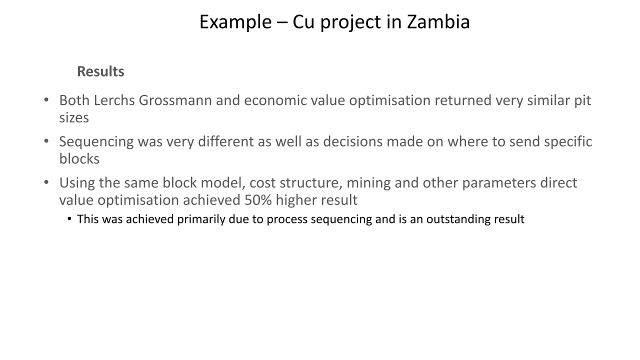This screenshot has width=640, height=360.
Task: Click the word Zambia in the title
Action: coord(438,22)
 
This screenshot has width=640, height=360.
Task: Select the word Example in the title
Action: coord(235,22)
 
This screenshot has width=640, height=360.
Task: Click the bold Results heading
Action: coord(100,71)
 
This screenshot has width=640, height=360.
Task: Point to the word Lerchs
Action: coord(114,100)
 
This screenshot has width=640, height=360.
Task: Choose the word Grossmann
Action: coord(175,100)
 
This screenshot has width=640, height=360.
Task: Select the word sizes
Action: coord(74,117)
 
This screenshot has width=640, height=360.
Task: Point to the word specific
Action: coord(568,142)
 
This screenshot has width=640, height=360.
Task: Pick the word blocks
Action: coord(79,158)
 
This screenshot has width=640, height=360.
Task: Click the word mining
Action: coord(368,183)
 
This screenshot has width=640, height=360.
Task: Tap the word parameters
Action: coord(499,183)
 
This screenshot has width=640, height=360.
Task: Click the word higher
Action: coord(296,200)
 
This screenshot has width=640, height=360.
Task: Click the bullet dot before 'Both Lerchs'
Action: coord(46,100)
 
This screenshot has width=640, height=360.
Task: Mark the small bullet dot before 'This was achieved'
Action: coord(69,219)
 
